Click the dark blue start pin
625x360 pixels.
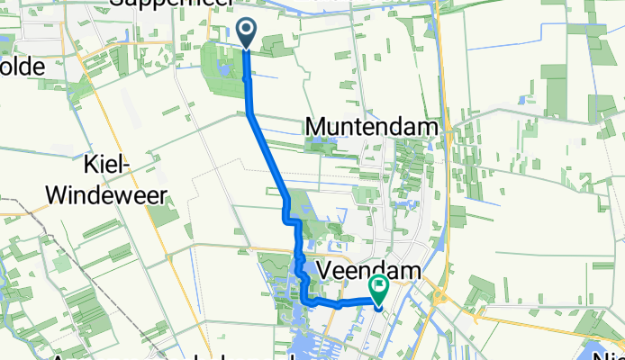pos(246,33)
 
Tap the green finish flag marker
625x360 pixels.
pos(379,289)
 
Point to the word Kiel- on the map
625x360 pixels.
pos(110,165)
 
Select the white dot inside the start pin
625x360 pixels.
pos(246,30)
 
